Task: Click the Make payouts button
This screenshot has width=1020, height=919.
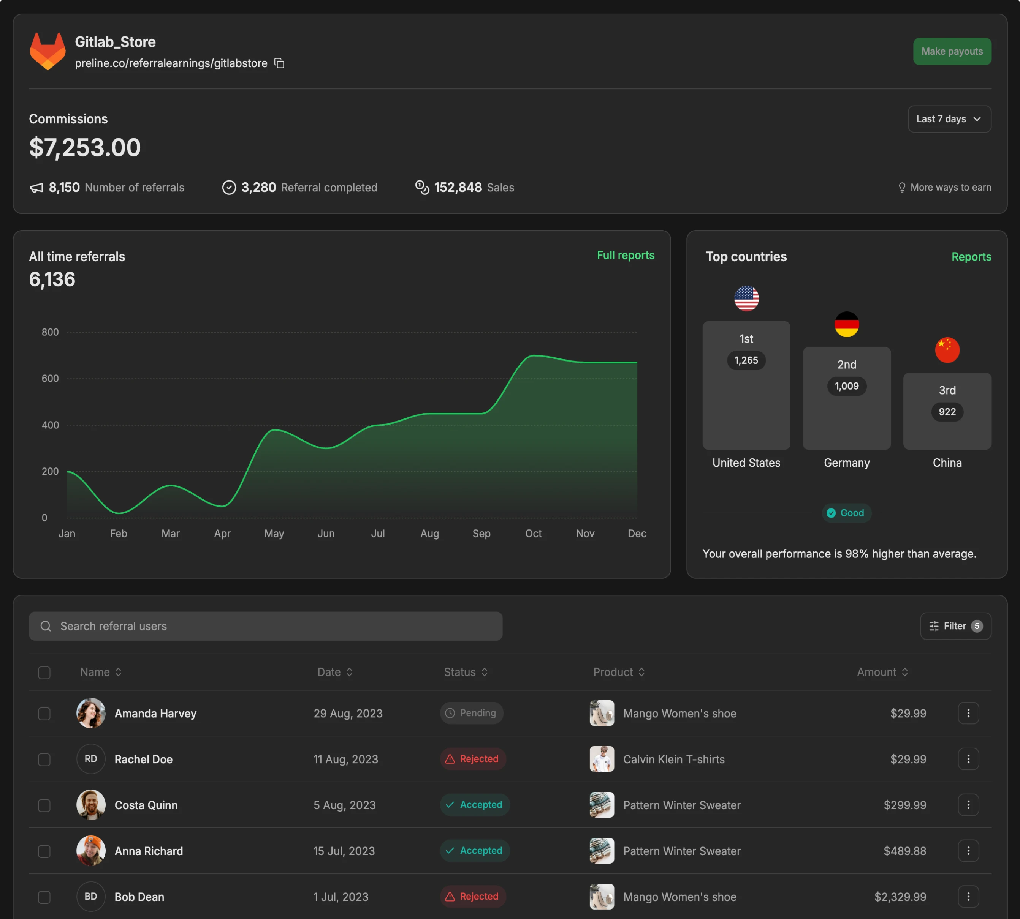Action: coord(952,52)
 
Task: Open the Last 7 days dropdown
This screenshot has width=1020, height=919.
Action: coord(949,119)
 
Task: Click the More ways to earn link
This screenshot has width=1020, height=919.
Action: coord(945,187)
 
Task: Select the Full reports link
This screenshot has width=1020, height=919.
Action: coord(626,256)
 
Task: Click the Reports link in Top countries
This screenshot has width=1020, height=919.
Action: coord(971,257)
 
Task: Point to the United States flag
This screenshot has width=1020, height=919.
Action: coord(746,298)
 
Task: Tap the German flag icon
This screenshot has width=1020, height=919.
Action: coord(847,324)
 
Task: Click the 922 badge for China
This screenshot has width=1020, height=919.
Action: coord(947,412)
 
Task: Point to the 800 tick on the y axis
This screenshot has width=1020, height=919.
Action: coord(50,332)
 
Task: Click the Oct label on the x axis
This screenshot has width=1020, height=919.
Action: coord(533,534)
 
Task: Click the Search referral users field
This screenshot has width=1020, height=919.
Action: coord(265,626)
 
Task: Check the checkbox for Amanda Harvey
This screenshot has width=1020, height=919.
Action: coord(44,714)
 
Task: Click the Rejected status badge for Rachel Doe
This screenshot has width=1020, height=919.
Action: coord(473,759)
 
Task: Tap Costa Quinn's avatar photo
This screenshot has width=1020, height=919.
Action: coord(91,805)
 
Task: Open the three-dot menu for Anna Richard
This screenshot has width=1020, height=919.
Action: coord(968,851)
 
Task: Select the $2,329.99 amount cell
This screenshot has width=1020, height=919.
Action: coord(900,897)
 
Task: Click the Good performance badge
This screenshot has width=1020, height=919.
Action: coord(846,513)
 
